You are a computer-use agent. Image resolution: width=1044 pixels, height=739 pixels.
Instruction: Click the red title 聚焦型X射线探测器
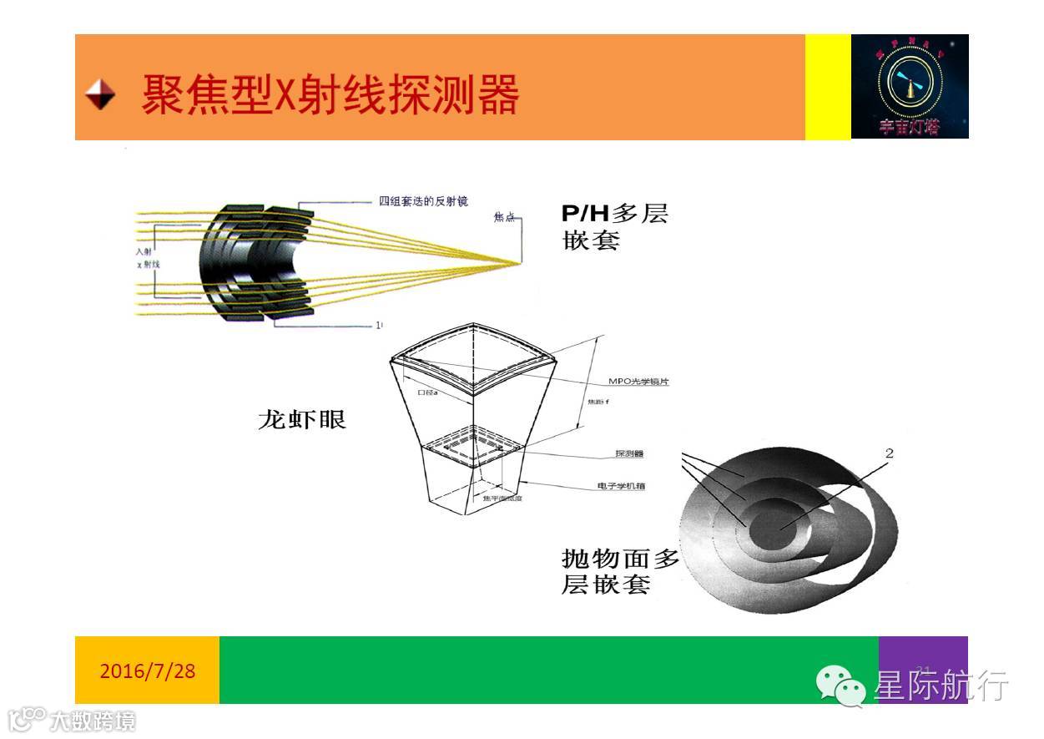(330, 94)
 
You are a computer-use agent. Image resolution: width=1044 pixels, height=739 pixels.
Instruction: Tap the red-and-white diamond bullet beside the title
(100, 94)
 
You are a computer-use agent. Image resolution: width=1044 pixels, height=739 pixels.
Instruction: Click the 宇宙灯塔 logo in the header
(909, 86)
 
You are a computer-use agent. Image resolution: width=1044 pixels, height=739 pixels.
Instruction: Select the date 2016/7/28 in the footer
(147, 671)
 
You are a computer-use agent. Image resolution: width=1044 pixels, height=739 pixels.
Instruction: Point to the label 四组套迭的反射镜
(423, 201)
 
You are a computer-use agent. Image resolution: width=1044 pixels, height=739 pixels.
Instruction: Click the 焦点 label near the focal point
(504, 218)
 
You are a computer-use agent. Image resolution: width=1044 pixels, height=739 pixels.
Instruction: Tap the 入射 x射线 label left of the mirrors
(147, 257)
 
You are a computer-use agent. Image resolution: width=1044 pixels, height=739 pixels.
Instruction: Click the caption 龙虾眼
(301, 419)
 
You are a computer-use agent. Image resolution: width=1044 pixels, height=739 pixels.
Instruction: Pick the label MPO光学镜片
(639, 382)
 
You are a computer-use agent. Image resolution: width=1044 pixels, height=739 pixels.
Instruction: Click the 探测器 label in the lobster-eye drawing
(629, 454)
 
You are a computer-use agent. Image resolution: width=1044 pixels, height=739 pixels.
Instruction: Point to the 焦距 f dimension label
(591, 402)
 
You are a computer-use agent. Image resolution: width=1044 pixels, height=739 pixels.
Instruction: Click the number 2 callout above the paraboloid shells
(889, 453)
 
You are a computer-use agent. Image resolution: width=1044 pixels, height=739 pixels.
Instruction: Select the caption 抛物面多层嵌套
(620, 571)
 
